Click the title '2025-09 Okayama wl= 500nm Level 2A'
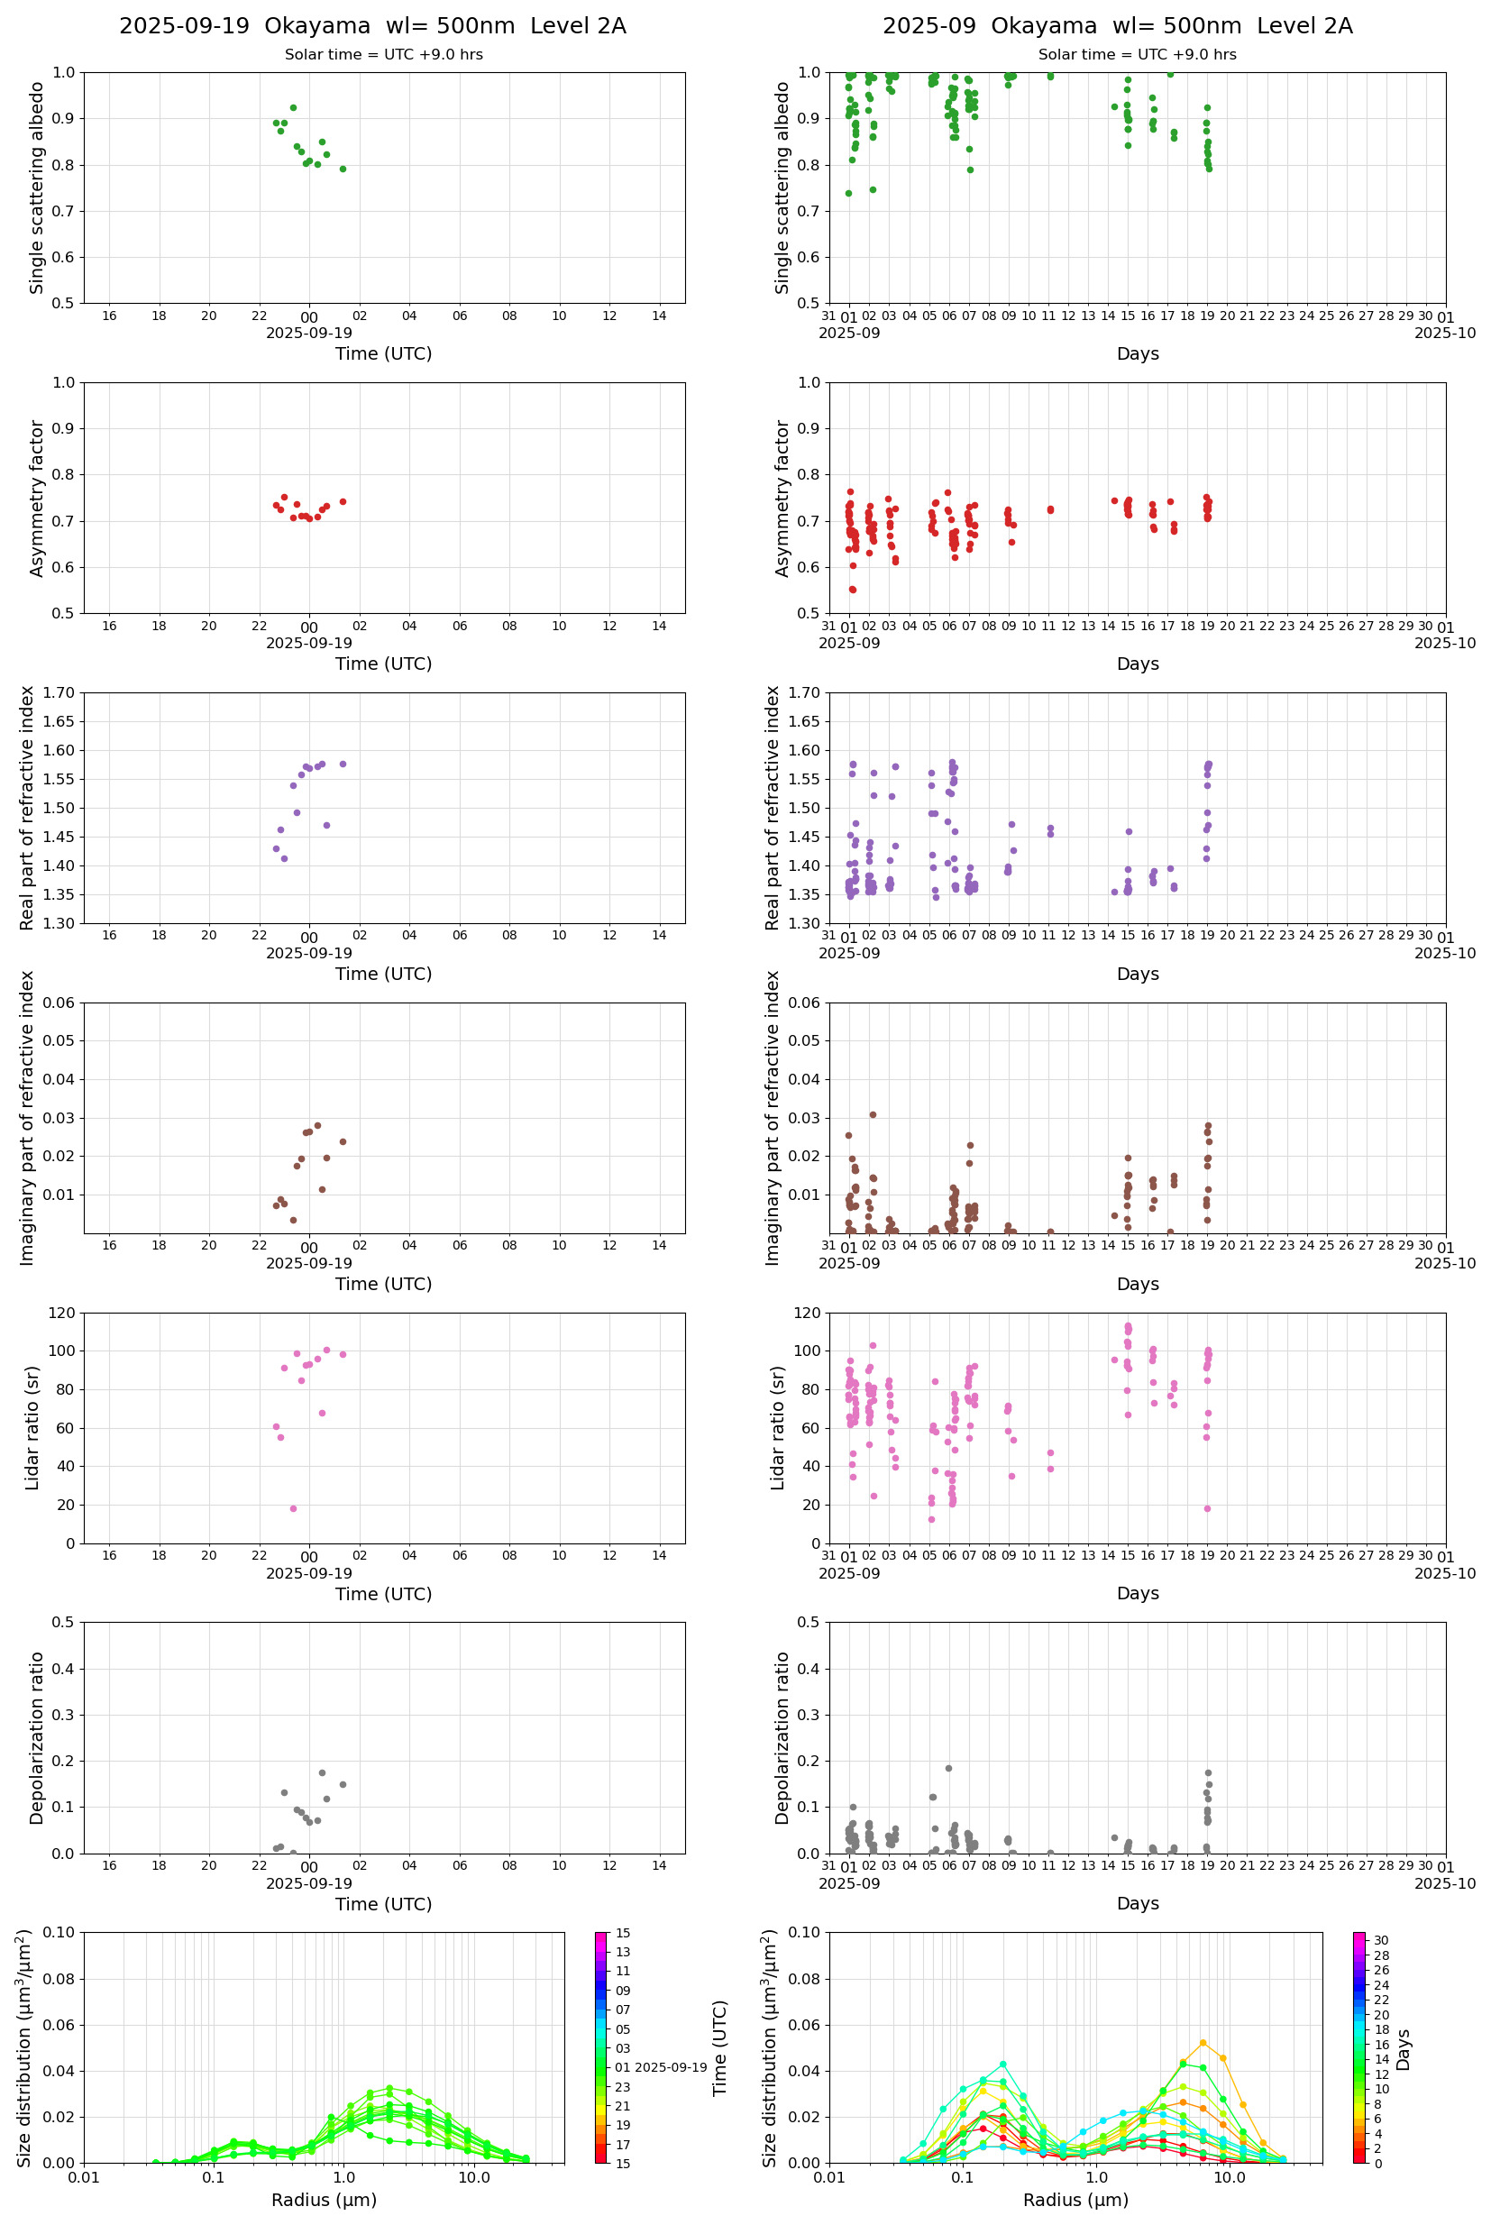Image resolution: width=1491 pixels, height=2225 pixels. (1117, 25)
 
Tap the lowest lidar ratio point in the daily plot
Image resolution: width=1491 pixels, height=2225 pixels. (293, 1508)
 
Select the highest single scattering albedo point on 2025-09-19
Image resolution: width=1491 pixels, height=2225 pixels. (293, 107)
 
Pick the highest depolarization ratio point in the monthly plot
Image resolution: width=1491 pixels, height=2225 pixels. (948, 1769)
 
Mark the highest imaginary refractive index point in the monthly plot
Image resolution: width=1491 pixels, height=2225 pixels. (873, 1114)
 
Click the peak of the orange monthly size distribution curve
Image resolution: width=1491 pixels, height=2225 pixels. (1203, 2042)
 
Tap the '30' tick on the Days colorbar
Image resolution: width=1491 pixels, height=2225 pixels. (1381, 1941)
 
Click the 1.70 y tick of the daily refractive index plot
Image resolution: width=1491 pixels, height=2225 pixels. (59, 693)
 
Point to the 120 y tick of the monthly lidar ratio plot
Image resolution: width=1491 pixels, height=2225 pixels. (808, 1314)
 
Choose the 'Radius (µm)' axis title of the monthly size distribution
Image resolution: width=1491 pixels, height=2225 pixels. (1075, 2201)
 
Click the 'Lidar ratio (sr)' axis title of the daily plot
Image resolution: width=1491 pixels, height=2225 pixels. (32, 1428)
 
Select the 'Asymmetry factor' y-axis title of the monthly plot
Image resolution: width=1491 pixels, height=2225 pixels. (782, 499)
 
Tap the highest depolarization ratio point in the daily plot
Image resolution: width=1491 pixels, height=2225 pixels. (323, 1772)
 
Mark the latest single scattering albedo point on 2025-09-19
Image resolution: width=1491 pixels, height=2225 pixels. (343, 169)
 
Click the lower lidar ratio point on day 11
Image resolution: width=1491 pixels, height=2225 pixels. (1050, 1470)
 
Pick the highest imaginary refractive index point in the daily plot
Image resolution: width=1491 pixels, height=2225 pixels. (317, 1125)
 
